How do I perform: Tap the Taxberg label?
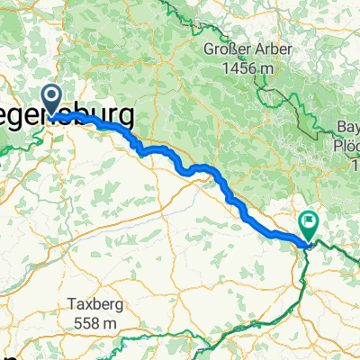(98, 304)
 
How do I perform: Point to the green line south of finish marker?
(301, 270)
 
